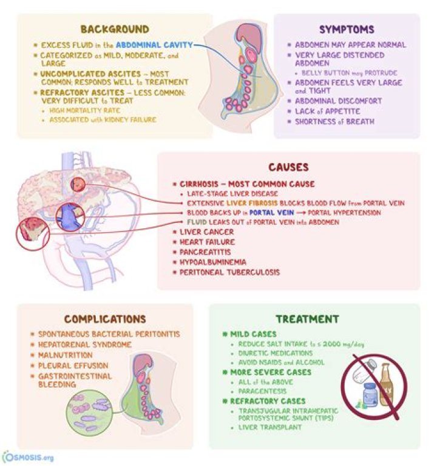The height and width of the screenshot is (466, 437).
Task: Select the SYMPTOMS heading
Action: (x=347, y=29)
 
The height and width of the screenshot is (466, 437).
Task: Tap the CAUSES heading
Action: (x=288, y=167)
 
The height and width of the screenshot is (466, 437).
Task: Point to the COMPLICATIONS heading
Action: (x=105, y=319)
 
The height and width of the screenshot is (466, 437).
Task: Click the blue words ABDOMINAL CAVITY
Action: (x=154, y=45)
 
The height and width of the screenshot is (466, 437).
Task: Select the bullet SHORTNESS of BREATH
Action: (x=334, y=121)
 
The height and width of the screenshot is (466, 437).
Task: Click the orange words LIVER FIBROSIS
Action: (x=248, y=203)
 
